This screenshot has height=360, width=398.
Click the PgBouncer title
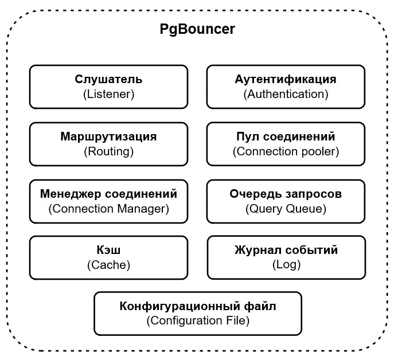pos(197,30)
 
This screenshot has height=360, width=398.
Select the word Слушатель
pos(108,80)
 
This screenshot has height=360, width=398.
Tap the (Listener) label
pos(108,94)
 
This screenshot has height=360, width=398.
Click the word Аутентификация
pos(286,80)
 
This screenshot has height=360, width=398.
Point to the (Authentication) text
pos(286,94)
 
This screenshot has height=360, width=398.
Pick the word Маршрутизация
pos(108,137)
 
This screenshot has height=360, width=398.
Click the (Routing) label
pos(108,151)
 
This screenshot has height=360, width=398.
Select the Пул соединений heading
pos(286,137)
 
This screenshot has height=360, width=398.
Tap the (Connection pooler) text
pos(286,151)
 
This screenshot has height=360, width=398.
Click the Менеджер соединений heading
pos(108,194)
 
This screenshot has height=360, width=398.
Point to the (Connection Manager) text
pos(108,209)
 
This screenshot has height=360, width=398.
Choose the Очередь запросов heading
pos(286,194)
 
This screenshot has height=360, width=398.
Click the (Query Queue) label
pos(286,209)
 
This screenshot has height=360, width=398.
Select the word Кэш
pos(108,251)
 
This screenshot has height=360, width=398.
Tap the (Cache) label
pos(108,265)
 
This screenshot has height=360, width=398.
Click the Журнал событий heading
pos(286,251)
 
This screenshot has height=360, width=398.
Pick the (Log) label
pos(286,265)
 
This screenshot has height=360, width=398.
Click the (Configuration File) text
pos(198,320)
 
